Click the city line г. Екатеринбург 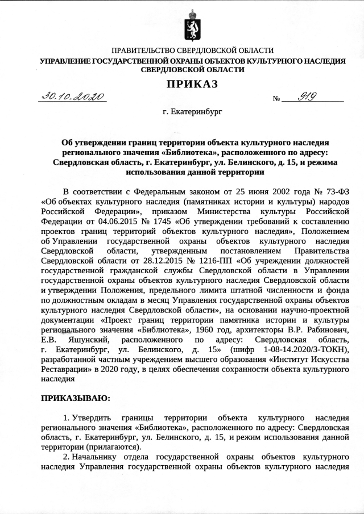(192, 111)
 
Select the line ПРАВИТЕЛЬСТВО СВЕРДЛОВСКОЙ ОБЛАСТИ (192, 51)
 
